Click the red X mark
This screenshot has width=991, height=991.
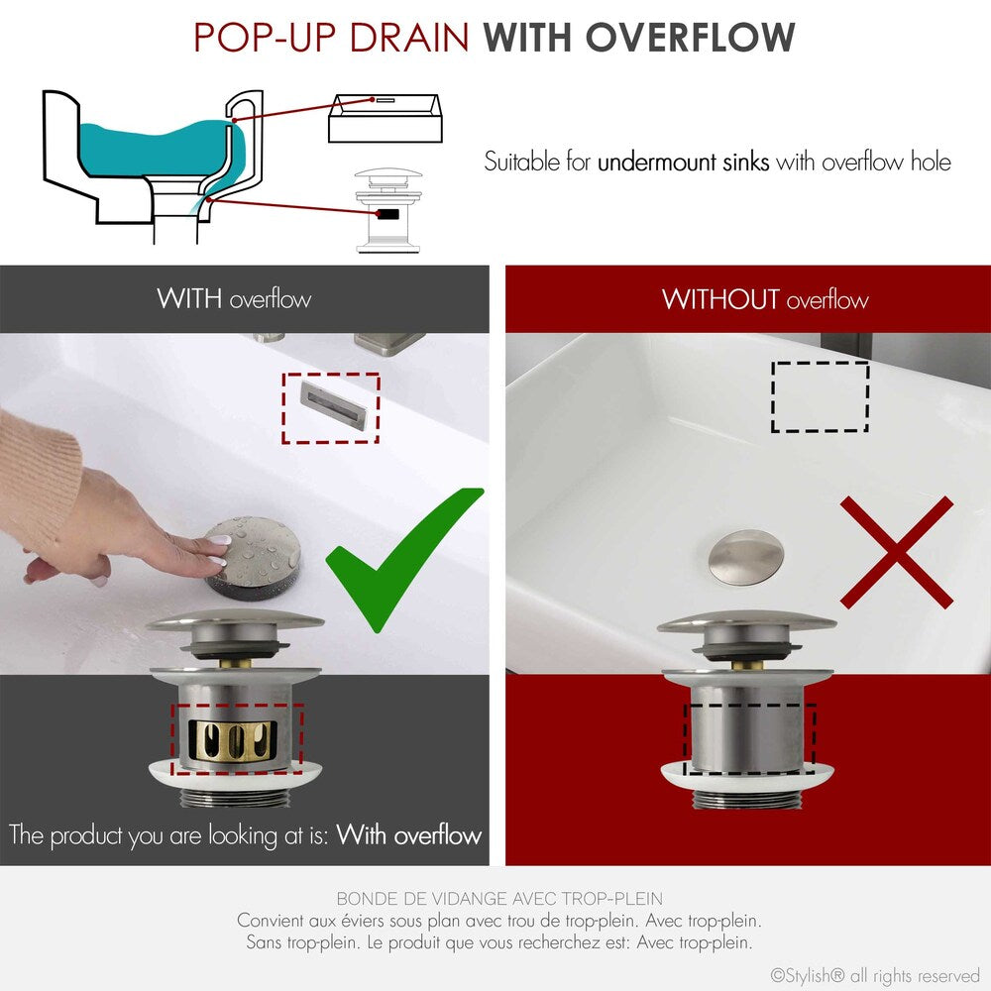tap(897, 552)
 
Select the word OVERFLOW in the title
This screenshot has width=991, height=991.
tap(691, 38)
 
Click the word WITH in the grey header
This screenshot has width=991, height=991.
tap(188, 298)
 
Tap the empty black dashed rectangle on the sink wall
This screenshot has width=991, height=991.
tap(820, 396)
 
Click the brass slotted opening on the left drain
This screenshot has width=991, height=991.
tap(236, 738)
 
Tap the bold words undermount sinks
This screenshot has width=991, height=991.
tap(683, 162)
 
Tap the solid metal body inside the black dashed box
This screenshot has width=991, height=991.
tap(748, 738)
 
